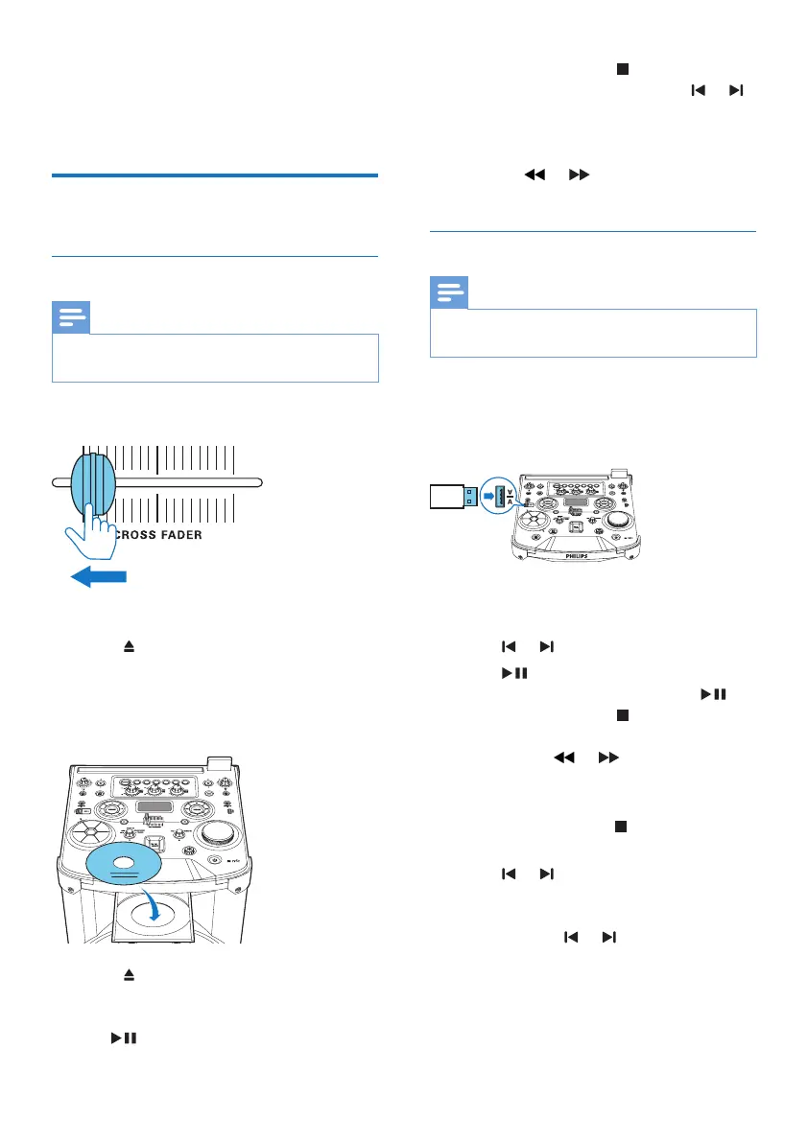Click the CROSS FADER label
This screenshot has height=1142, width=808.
(x=159, y=534)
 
